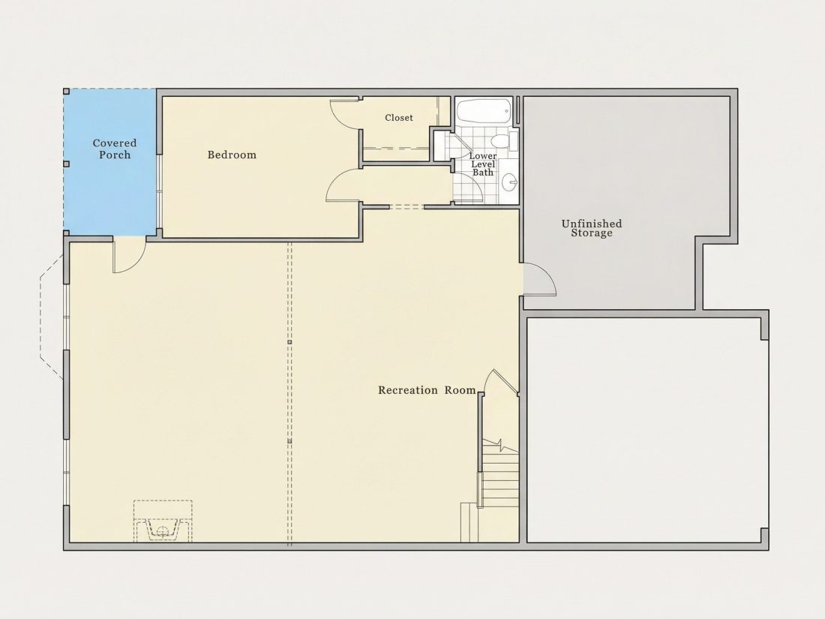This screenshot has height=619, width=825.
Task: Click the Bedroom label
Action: point(232,155)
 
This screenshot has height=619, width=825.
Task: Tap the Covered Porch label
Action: point(115,149)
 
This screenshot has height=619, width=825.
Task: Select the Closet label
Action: point(399,118)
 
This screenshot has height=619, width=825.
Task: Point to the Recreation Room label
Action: point(427,390)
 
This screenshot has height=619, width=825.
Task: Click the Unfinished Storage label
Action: point(592,228)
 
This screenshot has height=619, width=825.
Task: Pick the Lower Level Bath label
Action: point(483,164)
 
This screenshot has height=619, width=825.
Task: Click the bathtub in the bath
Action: point(484,111)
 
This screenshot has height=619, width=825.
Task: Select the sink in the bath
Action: point(509,183)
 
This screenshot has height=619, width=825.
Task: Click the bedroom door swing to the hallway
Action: point(343,185)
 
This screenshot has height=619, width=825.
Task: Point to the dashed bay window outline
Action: point(52,316)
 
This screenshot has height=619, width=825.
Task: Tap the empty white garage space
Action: point(644,429)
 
